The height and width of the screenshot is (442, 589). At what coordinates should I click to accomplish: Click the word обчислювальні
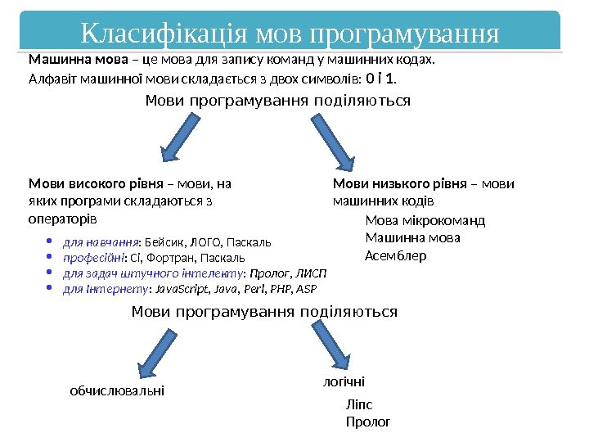click(x=117, y=391)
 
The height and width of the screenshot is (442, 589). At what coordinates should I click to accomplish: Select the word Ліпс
click(x=359, y=404)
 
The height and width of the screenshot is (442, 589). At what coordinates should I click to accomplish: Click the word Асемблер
click(x=395, y=255)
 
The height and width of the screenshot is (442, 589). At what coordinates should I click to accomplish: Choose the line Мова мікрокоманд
click(x=425, y=220)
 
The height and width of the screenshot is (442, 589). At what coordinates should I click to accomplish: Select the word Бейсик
click(x=164, y=242)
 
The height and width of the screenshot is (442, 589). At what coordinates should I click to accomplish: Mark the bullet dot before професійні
click(x=50, y=257)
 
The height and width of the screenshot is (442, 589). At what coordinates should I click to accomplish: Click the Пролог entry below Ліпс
click(x=368, y=422)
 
